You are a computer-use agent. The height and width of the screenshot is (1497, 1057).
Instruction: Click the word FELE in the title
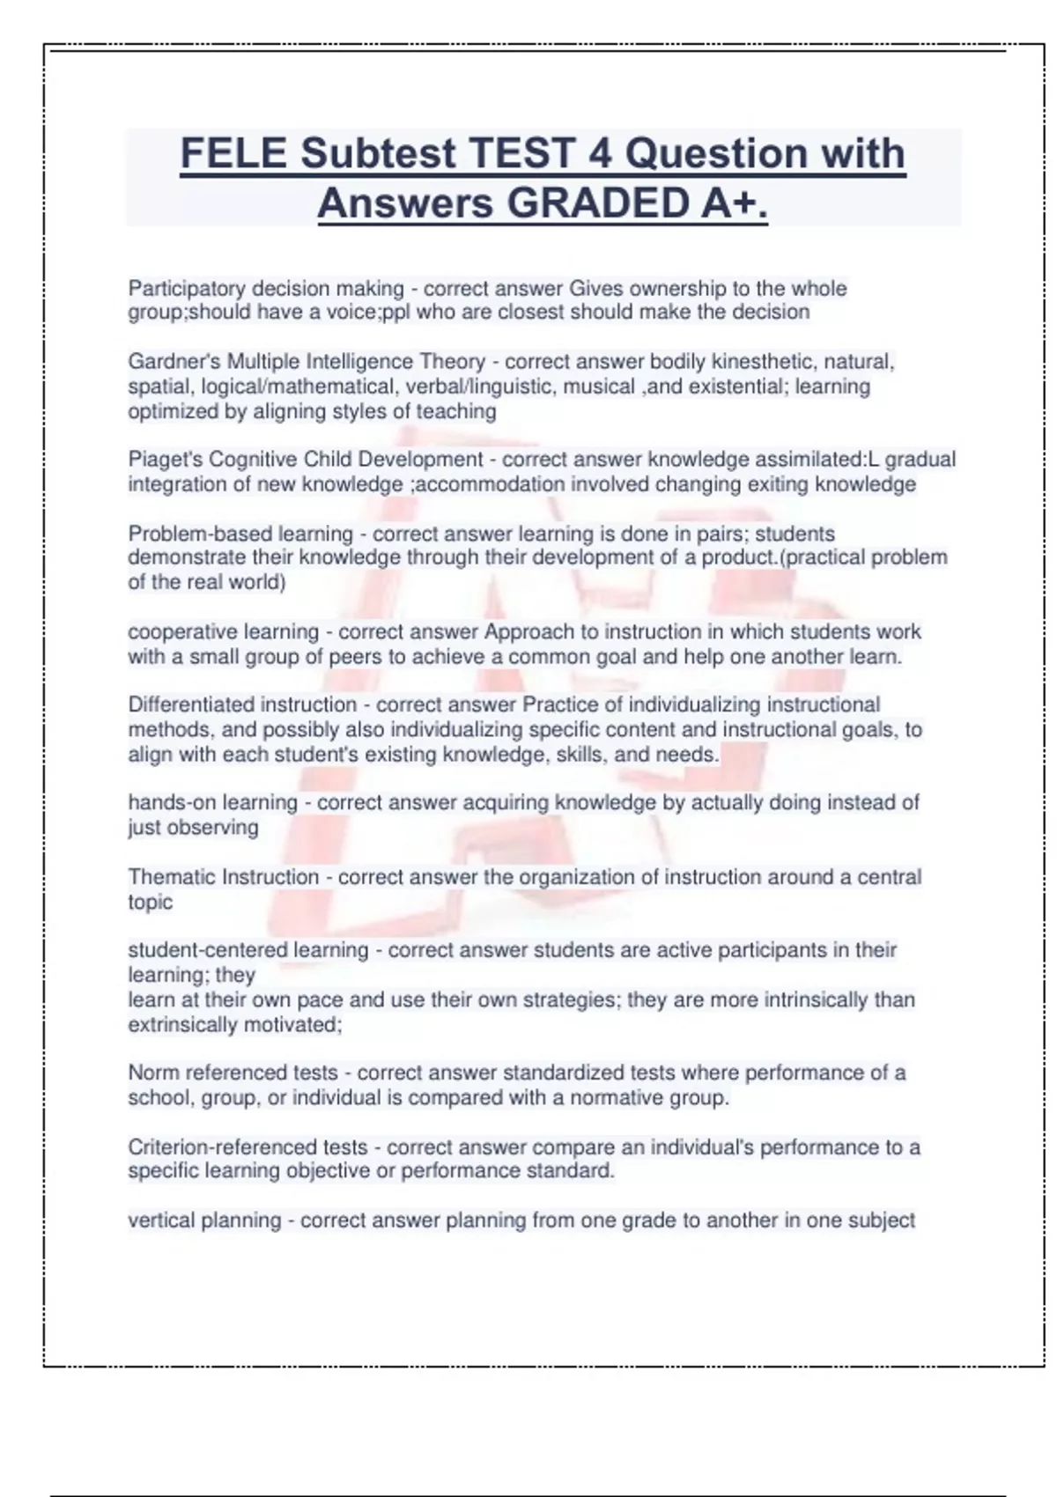[x=233, y=153]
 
